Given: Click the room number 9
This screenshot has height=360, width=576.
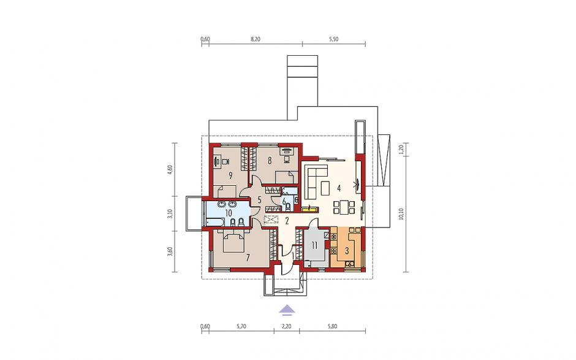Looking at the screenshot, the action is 230,175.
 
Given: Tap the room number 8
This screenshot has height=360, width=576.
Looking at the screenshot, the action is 270,160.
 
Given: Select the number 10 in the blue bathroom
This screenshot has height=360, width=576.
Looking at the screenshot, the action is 228,213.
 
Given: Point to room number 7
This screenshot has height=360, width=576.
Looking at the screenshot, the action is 248,258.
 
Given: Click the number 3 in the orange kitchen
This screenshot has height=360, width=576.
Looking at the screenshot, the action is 346,251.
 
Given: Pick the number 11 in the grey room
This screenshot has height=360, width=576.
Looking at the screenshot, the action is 314,245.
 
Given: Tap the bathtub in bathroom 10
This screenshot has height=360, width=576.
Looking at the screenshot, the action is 212,221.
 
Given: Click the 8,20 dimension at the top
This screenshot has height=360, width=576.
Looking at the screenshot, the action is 256,39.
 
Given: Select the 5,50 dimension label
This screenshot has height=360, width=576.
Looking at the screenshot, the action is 333,39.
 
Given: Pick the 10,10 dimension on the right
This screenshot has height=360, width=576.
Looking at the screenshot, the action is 401,214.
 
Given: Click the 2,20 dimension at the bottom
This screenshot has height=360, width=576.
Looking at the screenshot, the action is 287,326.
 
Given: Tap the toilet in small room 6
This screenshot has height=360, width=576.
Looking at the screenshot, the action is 289,208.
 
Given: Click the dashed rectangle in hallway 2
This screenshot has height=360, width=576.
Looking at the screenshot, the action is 272,220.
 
